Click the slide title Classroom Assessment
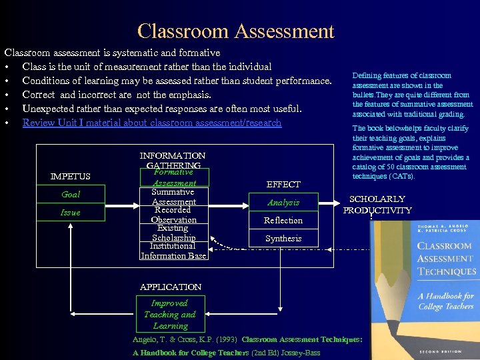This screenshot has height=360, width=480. (235, 31)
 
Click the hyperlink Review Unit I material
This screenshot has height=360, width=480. (152, 123)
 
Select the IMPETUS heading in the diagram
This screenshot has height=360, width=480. (71, 176)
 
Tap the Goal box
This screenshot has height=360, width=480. (71, 194)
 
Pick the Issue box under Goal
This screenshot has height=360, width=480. (71, 212)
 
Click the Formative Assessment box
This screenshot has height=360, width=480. (173, 177)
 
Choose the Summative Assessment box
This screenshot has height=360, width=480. (173, 196)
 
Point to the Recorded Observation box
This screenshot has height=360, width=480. (173, 214)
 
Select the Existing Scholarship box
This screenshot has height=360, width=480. (173, 232)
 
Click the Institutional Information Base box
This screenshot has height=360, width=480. (173, 250)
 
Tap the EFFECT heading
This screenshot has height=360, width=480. (283, 184)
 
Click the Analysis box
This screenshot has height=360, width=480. (283, 202)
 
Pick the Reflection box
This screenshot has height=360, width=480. (283, 220)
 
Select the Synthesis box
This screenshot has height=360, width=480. (283, 238)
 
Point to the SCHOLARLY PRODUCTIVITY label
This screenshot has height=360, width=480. (377, 204)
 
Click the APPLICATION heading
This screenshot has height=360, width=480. (171, 287)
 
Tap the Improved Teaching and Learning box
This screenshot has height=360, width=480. (170, 314)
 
